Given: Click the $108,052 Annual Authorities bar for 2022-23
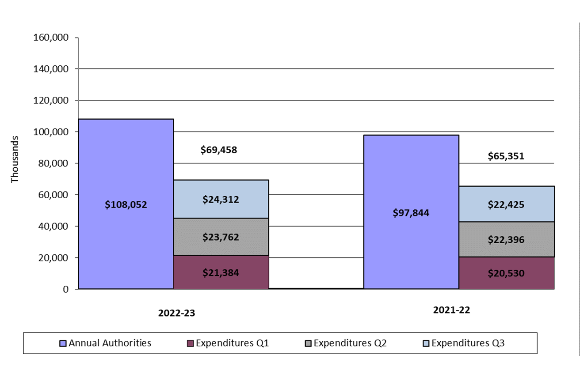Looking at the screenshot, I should tap(126, 204).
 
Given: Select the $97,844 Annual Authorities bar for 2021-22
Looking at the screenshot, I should tap(411, 212).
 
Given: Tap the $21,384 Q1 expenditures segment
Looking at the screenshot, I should tap(221, 272).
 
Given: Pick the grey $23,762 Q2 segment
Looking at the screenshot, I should tap(221, 237).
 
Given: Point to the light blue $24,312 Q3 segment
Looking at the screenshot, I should tap(221, 199).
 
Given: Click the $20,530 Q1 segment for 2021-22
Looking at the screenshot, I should tap(506, 273).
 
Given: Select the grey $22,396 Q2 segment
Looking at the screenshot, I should tap(506, 239).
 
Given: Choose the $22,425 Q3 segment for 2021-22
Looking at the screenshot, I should tap(506, 204).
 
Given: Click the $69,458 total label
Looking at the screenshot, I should tap(219, 150).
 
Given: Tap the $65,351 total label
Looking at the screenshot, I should tap(506, 156).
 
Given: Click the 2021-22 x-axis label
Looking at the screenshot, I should tap(451, 310).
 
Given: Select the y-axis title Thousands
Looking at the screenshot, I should tap(15, 159).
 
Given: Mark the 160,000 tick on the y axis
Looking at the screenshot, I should tap(51, 38).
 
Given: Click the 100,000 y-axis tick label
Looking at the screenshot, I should tap(51, 132).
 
